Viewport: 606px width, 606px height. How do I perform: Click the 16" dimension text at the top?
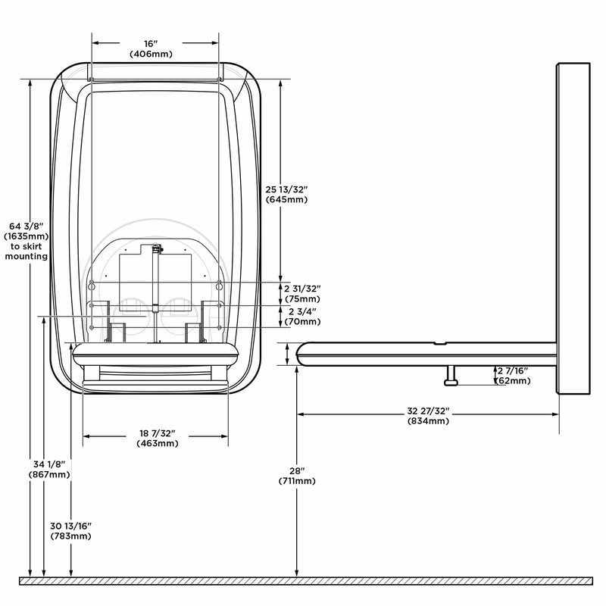151,44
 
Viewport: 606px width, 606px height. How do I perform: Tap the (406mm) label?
151,54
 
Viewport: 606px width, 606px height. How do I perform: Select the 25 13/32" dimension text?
286,189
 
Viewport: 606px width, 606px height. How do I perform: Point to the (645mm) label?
287,199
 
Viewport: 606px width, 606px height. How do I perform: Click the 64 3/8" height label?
27,226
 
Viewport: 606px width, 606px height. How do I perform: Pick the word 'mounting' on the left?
27,256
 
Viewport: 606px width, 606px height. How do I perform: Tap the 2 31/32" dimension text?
302,289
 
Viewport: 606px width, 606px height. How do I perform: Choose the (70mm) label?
302,321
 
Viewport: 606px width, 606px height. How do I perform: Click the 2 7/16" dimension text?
513,371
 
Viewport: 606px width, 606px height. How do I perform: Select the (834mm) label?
428,421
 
